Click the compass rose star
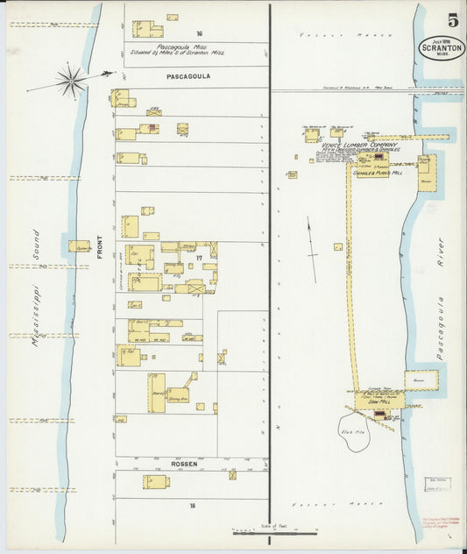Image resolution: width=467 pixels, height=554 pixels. (70, 82)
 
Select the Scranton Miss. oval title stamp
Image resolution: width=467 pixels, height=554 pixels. (442, 47)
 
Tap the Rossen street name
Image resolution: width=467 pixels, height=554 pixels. (184, 464)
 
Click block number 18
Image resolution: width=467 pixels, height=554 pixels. (191, 506)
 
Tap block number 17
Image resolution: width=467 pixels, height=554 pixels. (200, 257)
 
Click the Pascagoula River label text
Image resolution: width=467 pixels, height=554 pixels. (441, 298)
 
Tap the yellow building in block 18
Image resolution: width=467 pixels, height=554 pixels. (156, 481)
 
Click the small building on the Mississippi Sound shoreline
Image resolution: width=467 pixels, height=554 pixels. (79, 247)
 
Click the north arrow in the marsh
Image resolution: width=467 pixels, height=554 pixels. (311, 238)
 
